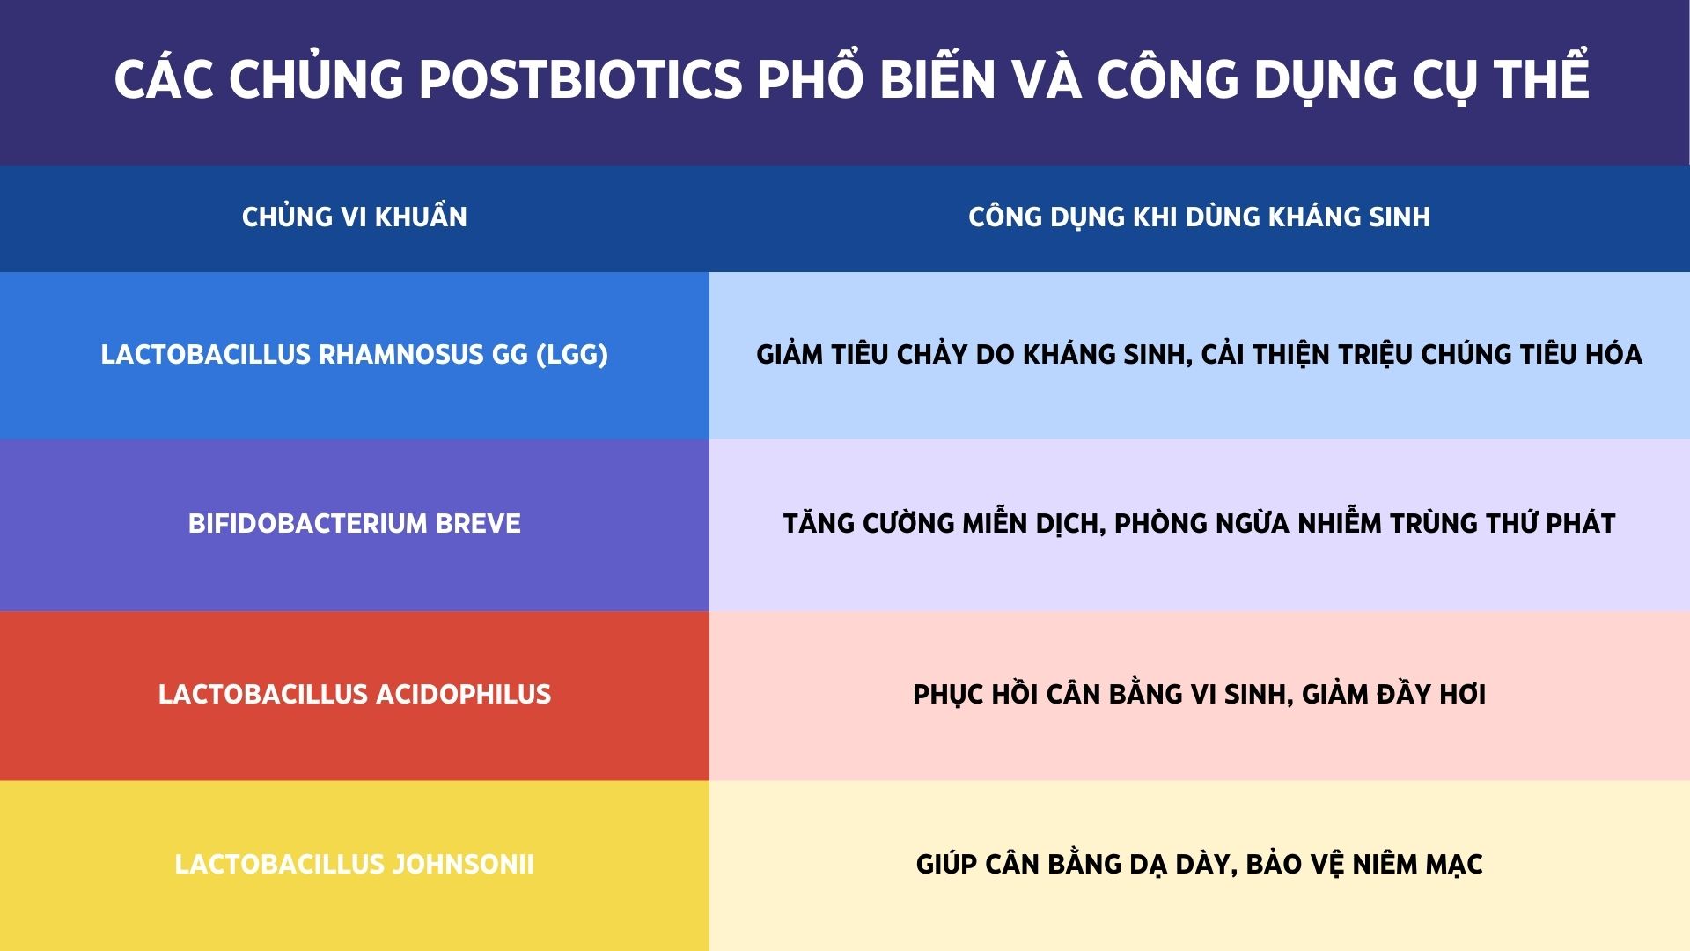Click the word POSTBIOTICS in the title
[581, 79]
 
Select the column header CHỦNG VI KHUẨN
[354, 217]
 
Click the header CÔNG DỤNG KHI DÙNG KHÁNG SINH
[1199, 217]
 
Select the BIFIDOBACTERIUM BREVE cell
[354, 524]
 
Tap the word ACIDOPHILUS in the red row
[463, 694]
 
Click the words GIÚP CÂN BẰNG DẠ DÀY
[1074, 864]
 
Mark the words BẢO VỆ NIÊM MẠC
[1364, 864]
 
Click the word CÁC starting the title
[165, 79]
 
